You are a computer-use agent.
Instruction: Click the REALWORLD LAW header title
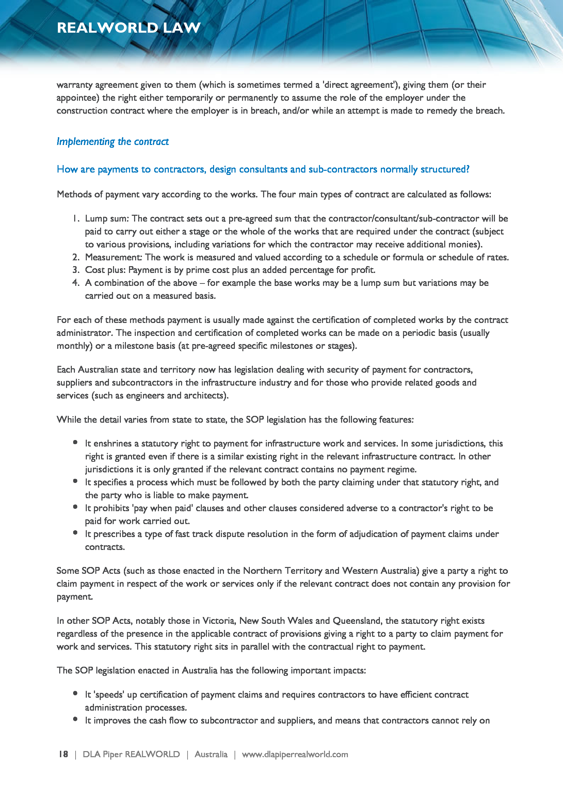click(x=129, y=28)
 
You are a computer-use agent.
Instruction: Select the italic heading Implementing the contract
click(x=113, y=142)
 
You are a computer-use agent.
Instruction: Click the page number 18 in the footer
click(x=63, y=754)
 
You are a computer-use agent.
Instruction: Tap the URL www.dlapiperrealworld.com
click(x=295, y=754)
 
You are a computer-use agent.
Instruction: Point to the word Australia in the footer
click(x=211, y=754)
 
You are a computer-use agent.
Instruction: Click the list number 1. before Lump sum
click(x=76, y=218)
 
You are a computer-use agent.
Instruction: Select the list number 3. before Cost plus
click(x=76, y=270)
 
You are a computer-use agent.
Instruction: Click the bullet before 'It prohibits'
click(x=75, y=507)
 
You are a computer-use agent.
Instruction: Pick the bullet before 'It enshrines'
click(x=75, y=442)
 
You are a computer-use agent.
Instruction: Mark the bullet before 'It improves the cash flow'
click(x=75, y=719)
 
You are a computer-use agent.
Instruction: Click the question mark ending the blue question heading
click(x=467, y=169)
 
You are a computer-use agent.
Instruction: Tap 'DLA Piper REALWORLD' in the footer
click(x=131, y=754)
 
